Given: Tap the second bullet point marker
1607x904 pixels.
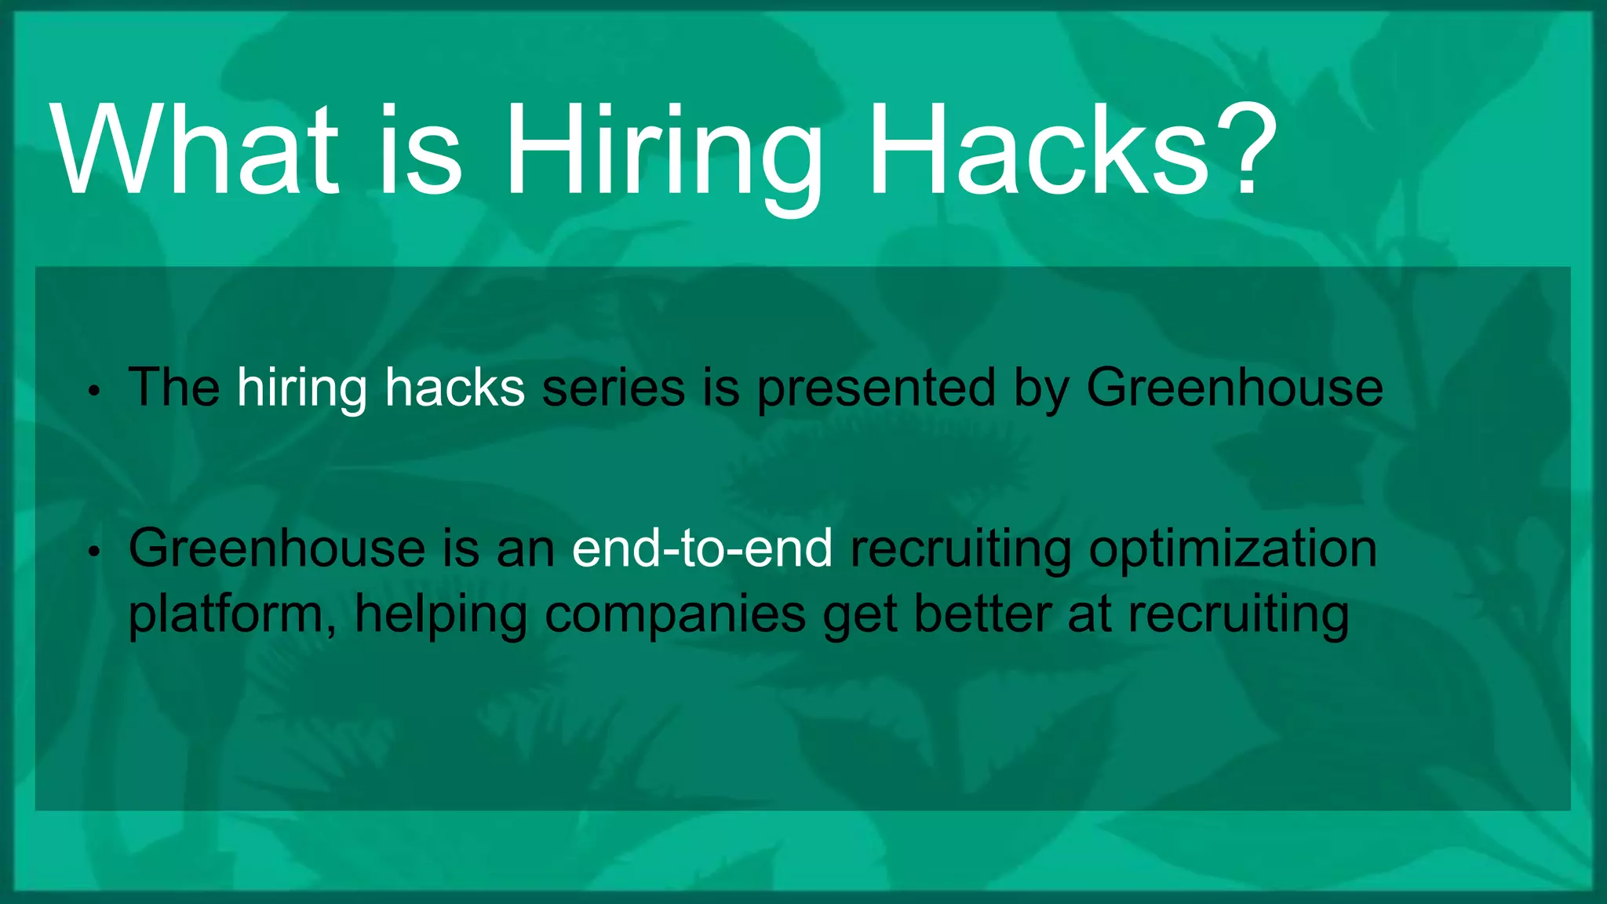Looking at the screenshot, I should [93, 552].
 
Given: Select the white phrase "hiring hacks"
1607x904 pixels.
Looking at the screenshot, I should [381, 388].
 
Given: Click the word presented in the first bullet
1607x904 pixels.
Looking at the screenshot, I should [876, 389].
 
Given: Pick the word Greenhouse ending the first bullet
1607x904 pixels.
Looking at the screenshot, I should [1234, 388].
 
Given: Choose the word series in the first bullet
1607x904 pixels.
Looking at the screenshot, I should [614, 388].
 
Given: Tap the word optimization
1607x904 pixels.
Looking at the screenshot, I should [1233, 550].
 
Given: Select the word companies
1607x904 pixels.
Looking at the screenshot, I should [675, 615].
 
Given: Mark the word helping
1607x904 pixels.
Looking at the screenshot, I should [440, 615].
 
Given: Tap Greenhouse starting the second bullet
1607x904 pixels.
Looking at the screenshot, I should [276, 549].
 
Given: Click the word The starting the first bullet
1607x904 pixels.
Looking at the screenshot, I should [174, 388].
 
